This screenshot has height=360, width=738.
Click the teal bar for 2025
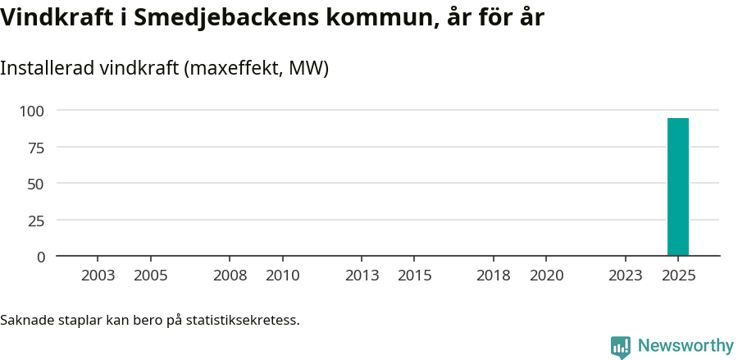click(677, 187)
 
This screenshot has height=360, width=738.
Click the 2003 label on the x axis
click(98, 276)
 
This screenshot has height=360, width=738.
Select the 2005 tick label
click(151, 276)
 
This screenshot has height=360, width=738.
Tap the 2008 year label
click(230, 276)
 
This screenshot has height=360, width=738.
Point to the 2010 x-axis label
click(283, 276)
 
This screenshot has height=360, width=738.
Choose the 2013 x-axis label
click(362, 276)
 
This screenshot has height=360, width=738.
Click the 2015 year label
click(415, 276)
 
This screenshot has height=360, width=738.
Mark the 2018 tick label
click(494, 276)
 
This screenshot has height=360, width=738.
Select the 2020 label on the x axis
click(547, 276)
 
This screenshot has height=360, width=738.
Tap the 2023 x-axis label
click(626, 276)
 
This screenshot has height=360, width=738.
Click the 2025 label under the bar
click(678, 276)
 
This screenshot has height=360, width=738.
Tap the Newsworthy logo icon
click(621, 347)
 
